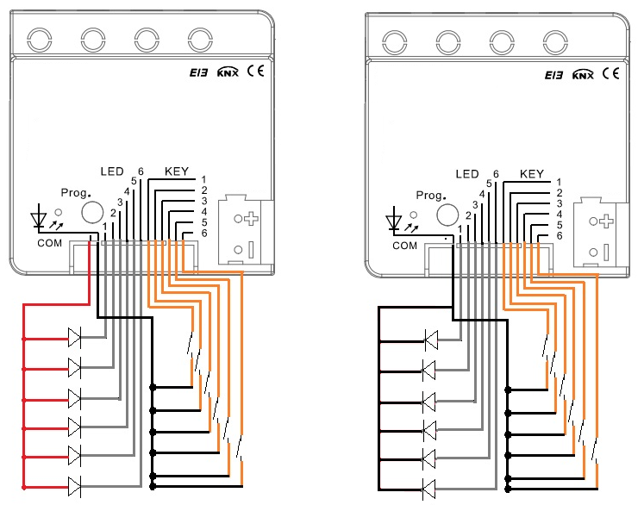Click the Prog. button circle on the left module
[x=92, y=212]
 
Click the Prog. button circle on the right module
[x=447, y=215]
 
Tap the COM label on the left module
[x=50, y=243]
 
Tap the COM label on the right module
[x=404, y=246]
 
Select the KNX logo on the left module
[x=228, y=72]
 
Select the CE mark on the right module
[x=610, y=73]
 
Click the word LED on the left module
[x=112, y=171]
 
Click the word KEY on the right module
[x=531, y=174]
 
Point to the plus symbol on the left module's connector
[x=251, y=218]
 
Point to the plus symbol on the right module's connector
[x=606, y=221]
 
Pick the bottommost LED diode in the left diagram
[x=75, y=487]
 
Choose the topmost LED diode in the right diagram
[x=431, y=340]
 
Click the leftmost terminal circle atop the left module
[x=40, y=40]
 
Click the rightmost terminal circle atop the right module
[x=555, y=42]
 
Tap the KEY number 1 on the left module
[x=203, y=179]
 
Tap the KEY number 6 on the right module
[x=559, y=235]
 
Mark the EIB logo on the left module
[x=199, y=72]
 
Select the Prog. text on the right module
[x=430, y=196]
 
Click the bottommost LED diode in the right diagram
[x=429, y=489]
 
